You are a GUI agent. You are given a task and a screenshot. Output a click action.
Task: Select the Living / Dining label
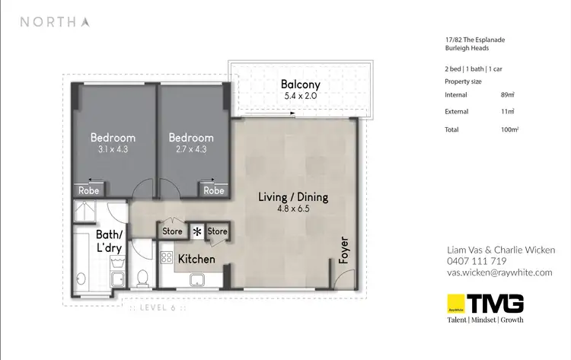tap(293, 197)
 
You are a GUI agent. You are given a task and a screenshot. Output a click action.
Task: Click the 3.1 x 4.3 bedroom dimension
tap(113, 150)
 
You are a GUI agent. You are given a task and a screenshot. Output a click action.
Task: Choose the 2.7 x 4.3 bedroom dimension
tap(191, 150)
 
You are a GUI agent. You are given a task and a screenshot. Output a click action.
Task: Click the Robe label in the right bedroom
tap(215, 190)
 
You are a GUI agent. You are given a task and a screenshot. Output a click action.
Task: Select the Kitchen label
tap(196, 260)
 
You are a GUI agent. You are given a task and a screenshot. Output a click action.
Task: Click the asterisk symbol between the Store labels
tap(197, 231)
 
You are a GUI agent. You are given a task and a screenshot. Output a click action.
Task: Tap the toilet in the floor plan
tap(142, 278)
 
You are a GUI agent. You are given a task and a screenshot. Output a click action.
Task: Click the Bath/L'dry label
tap(111, 241)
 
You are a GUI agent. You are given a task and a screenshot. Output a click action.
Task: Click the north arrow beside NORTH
tap(85, 21)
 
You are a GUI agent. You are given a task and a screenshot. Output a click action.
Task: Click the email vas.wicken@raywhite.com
tap(499, 272)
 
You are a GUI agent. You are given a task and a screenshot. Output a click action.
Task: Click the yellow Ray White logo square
tap(455, 303)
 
